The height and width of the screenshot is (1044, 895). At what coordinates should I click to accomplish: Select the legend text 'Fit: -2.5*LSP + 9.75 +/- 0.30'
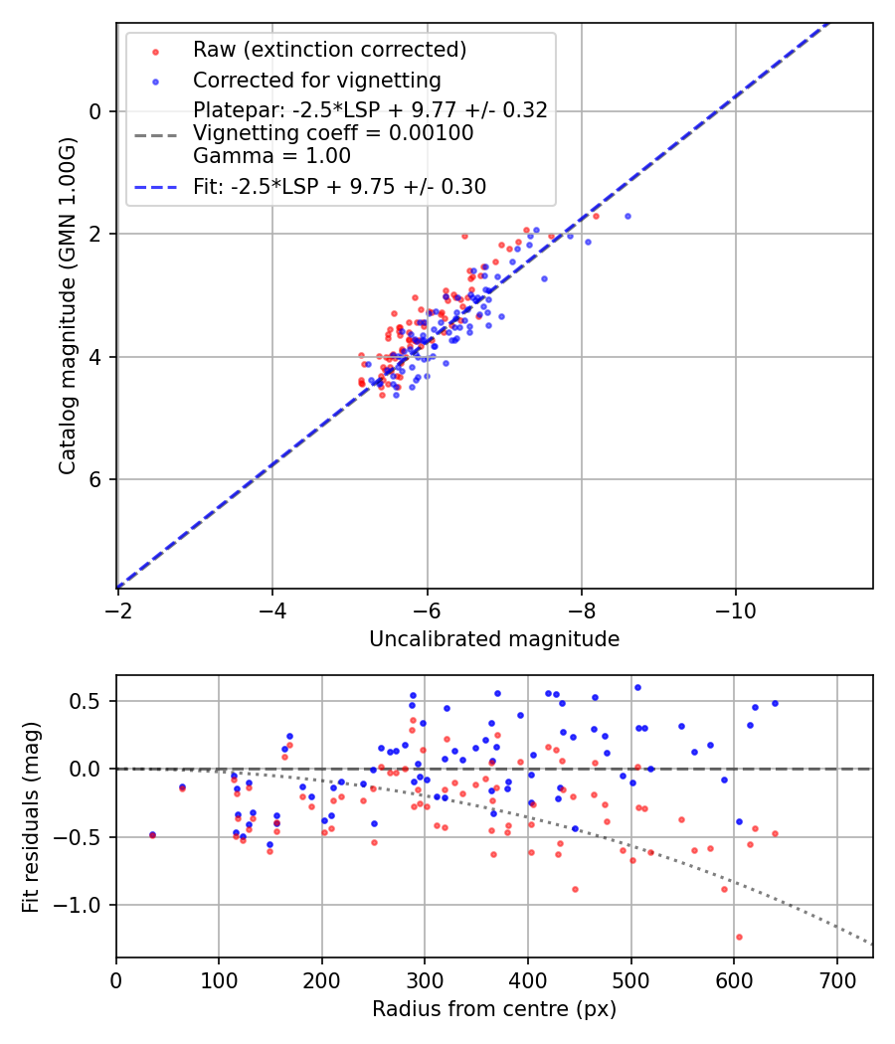point(339,187)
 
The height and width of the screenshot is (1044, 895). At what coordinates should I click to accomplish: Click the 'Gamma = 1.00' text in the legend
point(271,156)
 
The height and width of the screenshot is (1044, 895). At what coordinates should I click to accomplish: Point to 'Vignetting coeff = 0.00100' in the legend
point(332,133)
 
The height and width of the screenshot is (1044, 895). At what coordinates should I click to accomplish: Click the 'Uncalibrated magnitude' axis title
point(494,639)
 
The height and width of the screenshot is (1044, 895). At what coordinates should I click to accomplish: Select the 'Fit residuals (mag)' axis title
point(31,816)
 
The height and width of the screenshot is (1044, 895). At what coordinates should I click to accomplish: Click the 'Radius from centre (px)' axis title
point(494,1009)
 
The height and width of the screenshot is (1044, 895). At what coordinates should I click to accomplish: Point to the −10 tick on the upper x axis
point(735,609)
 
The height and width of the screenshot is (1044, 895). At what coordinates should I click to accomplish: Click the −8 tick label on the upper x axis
point(581,609)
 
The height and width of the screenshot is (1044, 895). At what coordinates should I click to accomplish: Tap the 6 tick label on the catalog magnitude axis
point(96,479)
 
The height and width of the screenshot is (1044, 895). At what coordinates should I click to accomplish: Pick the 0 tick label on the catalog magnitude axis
point(96,111)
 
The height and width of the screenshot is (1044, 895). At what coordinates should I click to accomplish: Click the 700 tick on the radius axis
point(836,978)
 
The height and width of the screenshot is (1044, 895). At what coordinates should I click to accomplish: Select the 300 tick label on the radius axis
point(425,978)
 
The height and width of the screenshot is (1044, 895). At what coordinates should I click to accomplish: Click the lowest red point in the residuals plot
point(739,937)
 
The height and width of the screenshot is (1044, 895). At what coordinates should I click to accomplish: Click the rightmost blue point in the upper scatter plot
point(627,216)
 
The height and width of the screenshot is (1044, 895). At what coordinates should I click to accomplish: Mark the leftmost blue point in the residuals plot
point(152,835)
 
